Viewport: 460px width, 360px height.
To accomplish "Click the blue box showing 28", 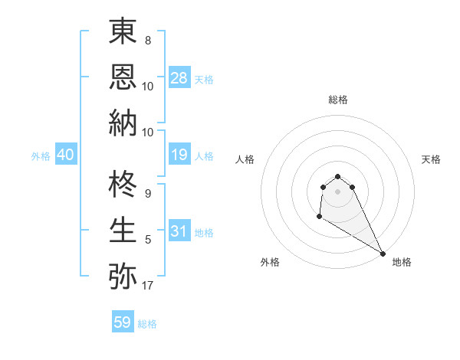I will point(179,78).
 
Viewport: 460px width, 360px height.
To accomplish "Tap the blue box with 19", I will point(179,155).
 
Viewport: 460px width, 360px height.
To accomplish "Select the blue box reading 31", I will point(179,231).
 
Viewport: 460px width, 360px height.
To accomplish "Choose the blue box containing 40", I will point(66,155).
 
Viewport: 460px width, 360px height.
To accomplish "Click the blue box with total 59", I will point(123,322).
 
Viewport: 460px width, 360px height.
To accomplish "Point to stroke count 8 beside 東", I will point(148,39).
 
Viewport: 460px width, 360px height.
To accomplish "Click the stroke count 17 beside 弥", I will point(148,286).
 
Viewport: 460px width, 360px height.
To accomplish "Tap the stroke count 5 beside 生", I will point(148,240).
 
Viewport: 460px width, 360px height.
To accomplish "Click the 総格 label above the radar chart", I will point(338,100).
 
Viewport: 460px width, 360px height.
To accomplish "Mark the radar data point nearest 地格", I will point(383,253).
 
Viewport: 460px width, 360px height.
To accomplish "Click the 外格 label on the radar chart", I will point(270,262).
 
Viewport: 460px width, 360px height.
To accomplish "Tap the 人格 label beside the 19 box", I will point(204,156).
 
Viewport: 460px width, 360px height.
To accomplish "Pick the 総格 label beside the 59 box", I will point(147,324).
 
